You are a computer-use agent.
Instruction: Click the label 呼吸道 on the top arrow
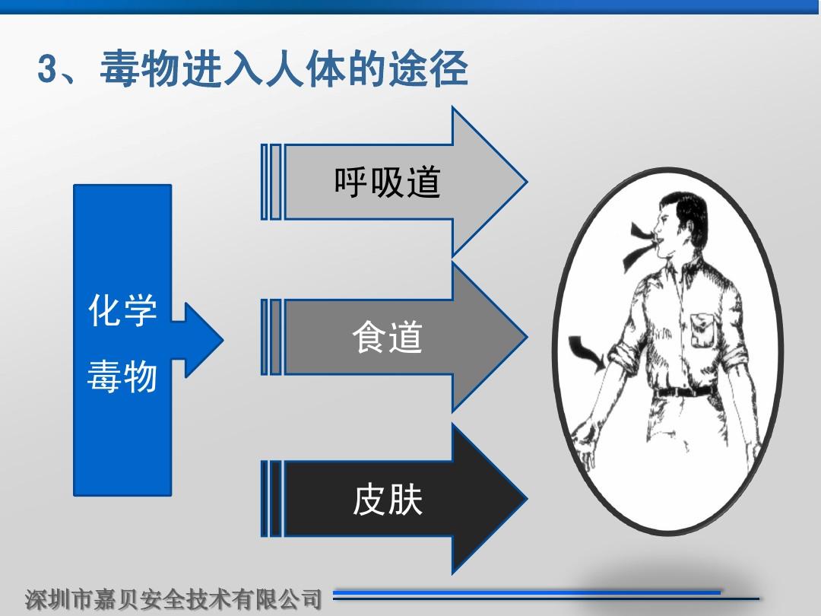(388, 183)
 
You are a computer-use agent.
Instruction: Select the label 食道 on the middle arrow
(388, 337)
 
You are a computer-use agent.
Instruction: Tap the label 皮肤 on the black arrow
(388, 500)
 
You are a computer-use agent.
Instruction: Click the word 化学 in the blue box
(122, 310)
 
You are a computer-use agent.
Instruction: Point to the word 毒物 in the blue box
(122, 376)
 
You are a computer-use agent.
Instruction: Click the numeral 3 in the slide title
(47, 68)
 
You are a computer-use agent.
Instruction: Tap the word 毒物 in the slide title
(140, 68)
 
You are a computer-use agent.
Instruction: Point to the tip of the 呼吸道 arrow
(527, 182)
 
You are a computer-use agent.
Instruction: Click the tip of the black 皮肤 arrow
(527, 499)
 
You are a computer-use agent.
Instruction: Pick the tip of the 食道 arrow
(527, 338)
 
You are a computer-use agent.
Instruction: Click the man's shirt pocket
(702, 330)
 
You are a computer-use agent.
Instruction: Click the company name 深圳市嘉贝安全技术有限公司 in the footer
(173, 599)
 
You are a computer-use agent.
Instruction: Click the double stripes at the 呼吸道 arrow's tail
(271, 182)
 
